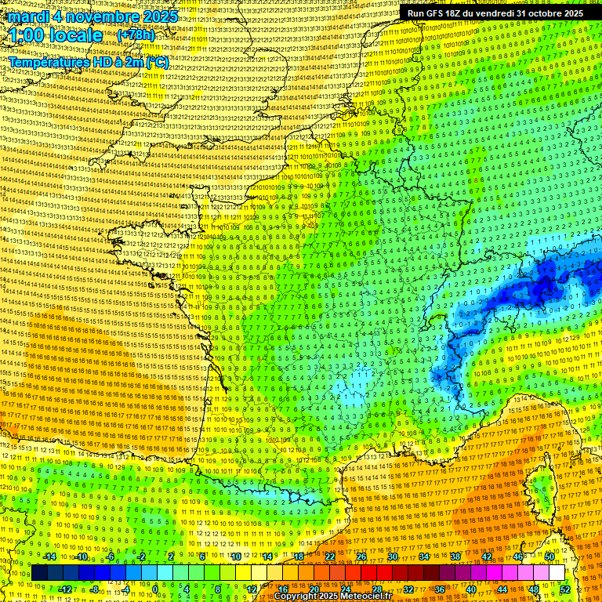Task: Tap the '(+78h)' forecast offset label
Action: tap(135, 35)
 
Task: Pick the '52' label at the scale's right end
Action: tap(565, 589)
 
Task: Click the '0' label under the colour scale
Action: tap(155, 589)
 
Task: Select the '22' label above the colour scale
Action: tap(330, 557)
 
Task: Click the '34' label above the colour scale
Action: tap(424, 557)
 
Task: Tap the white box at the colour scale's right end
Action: tap(557, 573)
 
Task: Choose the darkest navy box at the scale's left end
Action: tap(39, 573)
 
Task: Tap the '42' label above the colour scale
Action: tap(487, 557)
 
